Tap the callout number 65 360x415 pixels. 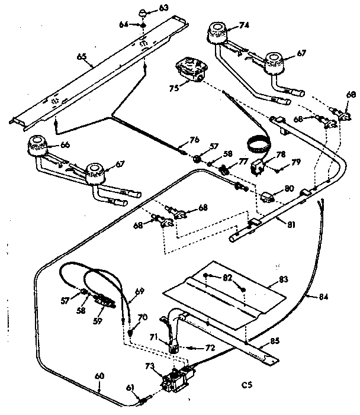point(81,57)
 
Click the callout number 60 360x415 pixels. point(99,375)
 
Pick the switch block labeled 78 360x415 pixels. point(258,166)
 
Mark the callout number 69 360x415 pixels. point(139,291)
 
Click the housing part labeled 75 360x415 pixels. point(191,70)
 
